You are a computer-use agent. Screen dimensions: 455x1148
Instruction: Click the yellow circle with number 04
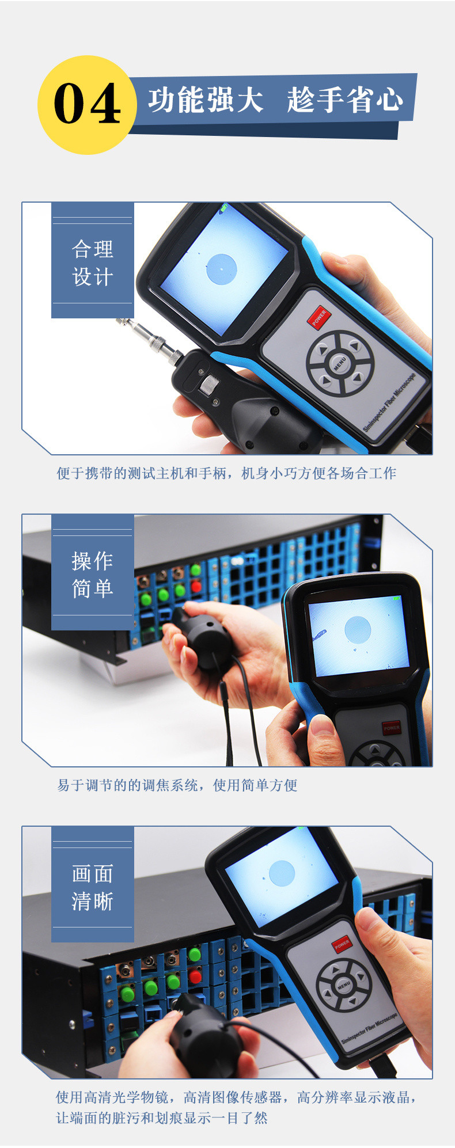87,105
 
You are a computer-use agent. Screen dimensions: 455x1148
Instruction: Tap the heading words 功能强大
206,101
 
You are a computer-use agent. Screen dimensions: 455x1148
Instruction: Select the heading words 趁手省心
345,101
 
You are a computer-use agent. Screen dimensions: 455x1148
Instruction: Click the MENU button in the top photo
340,363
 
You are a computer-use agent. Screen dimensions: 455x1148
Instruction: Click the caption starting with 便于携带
226,473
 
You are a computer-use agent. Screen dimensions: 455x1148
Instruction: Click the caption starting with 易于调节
177,785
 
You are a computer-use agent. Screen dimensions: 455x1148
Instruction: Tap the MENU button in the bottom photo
344,985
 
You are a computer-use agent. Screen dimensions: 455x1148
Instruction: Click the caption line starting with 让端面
162,1117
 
